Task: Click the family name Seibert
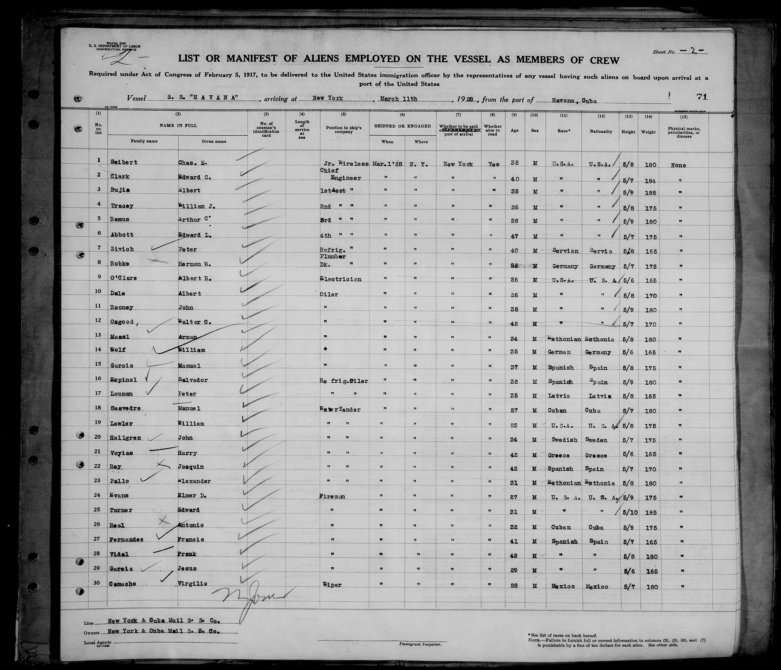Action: click(x=123, y=162)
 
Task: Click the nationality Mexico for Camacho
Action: click(x=597, y=587)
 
